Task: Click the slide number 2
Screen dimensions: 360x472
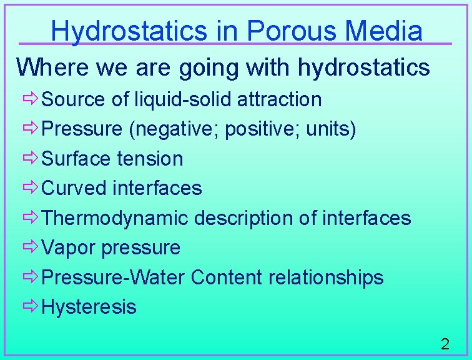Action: click(x=445, y=343)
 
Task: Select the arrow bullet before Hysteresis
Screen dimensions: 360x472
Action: click(x=31, y=307)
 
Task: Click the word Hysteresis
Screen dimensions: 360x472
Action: click(x=89, y=307)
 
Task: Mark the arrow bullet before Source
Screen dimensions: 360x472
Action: click(x=31, y=99)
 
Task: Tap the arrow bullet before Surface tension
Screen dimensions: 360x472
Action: click(x=31, y=158)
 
